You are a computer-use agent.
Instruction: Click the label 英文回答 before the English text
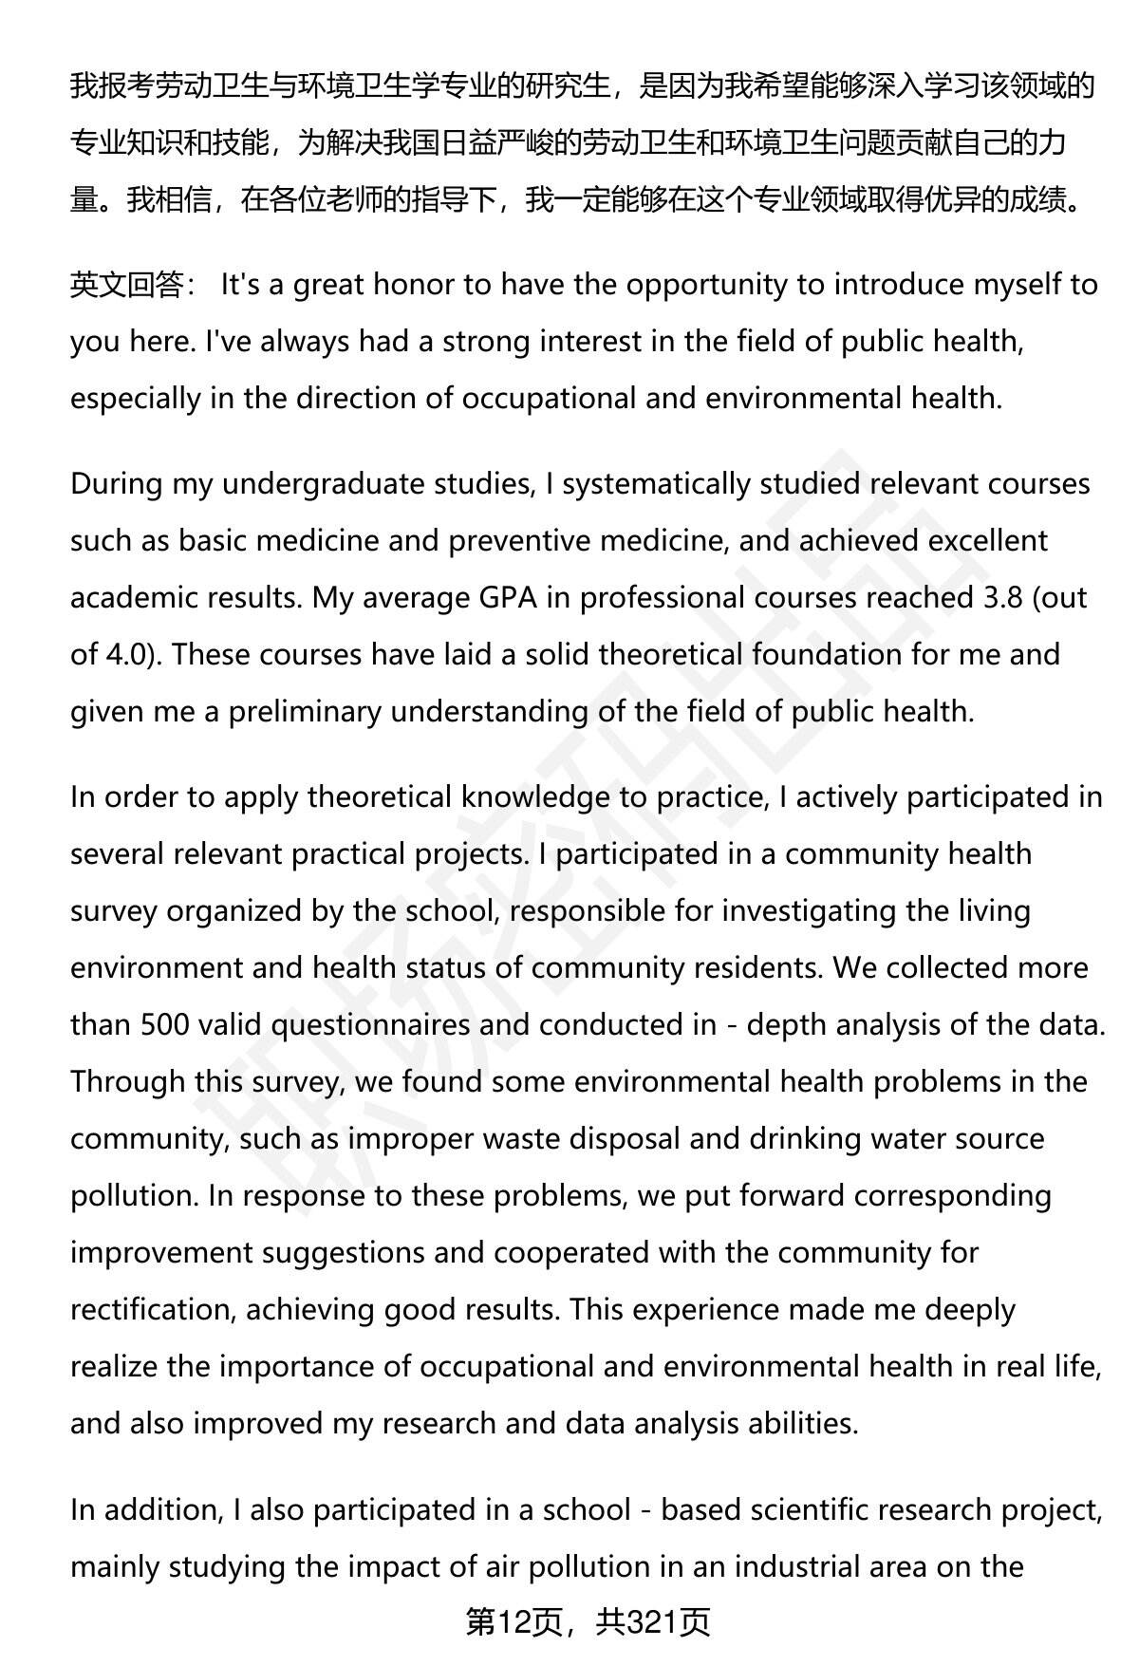click(x=126, y=285)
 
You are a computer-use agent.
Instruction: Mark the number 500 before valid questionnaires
click(x=164, y=1025)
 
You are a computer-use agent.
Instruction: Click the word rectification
click(x=152, y=1310)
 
